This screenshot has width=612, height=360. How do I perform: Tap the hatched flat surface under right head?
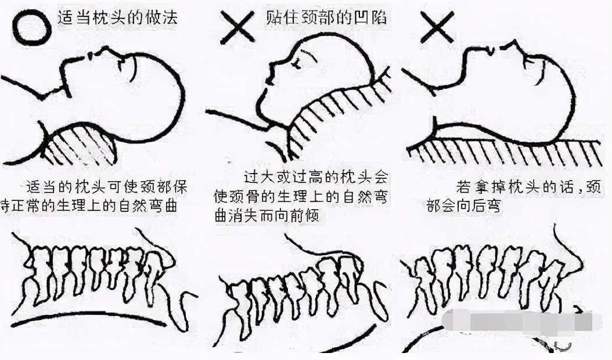coord(505,154)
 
